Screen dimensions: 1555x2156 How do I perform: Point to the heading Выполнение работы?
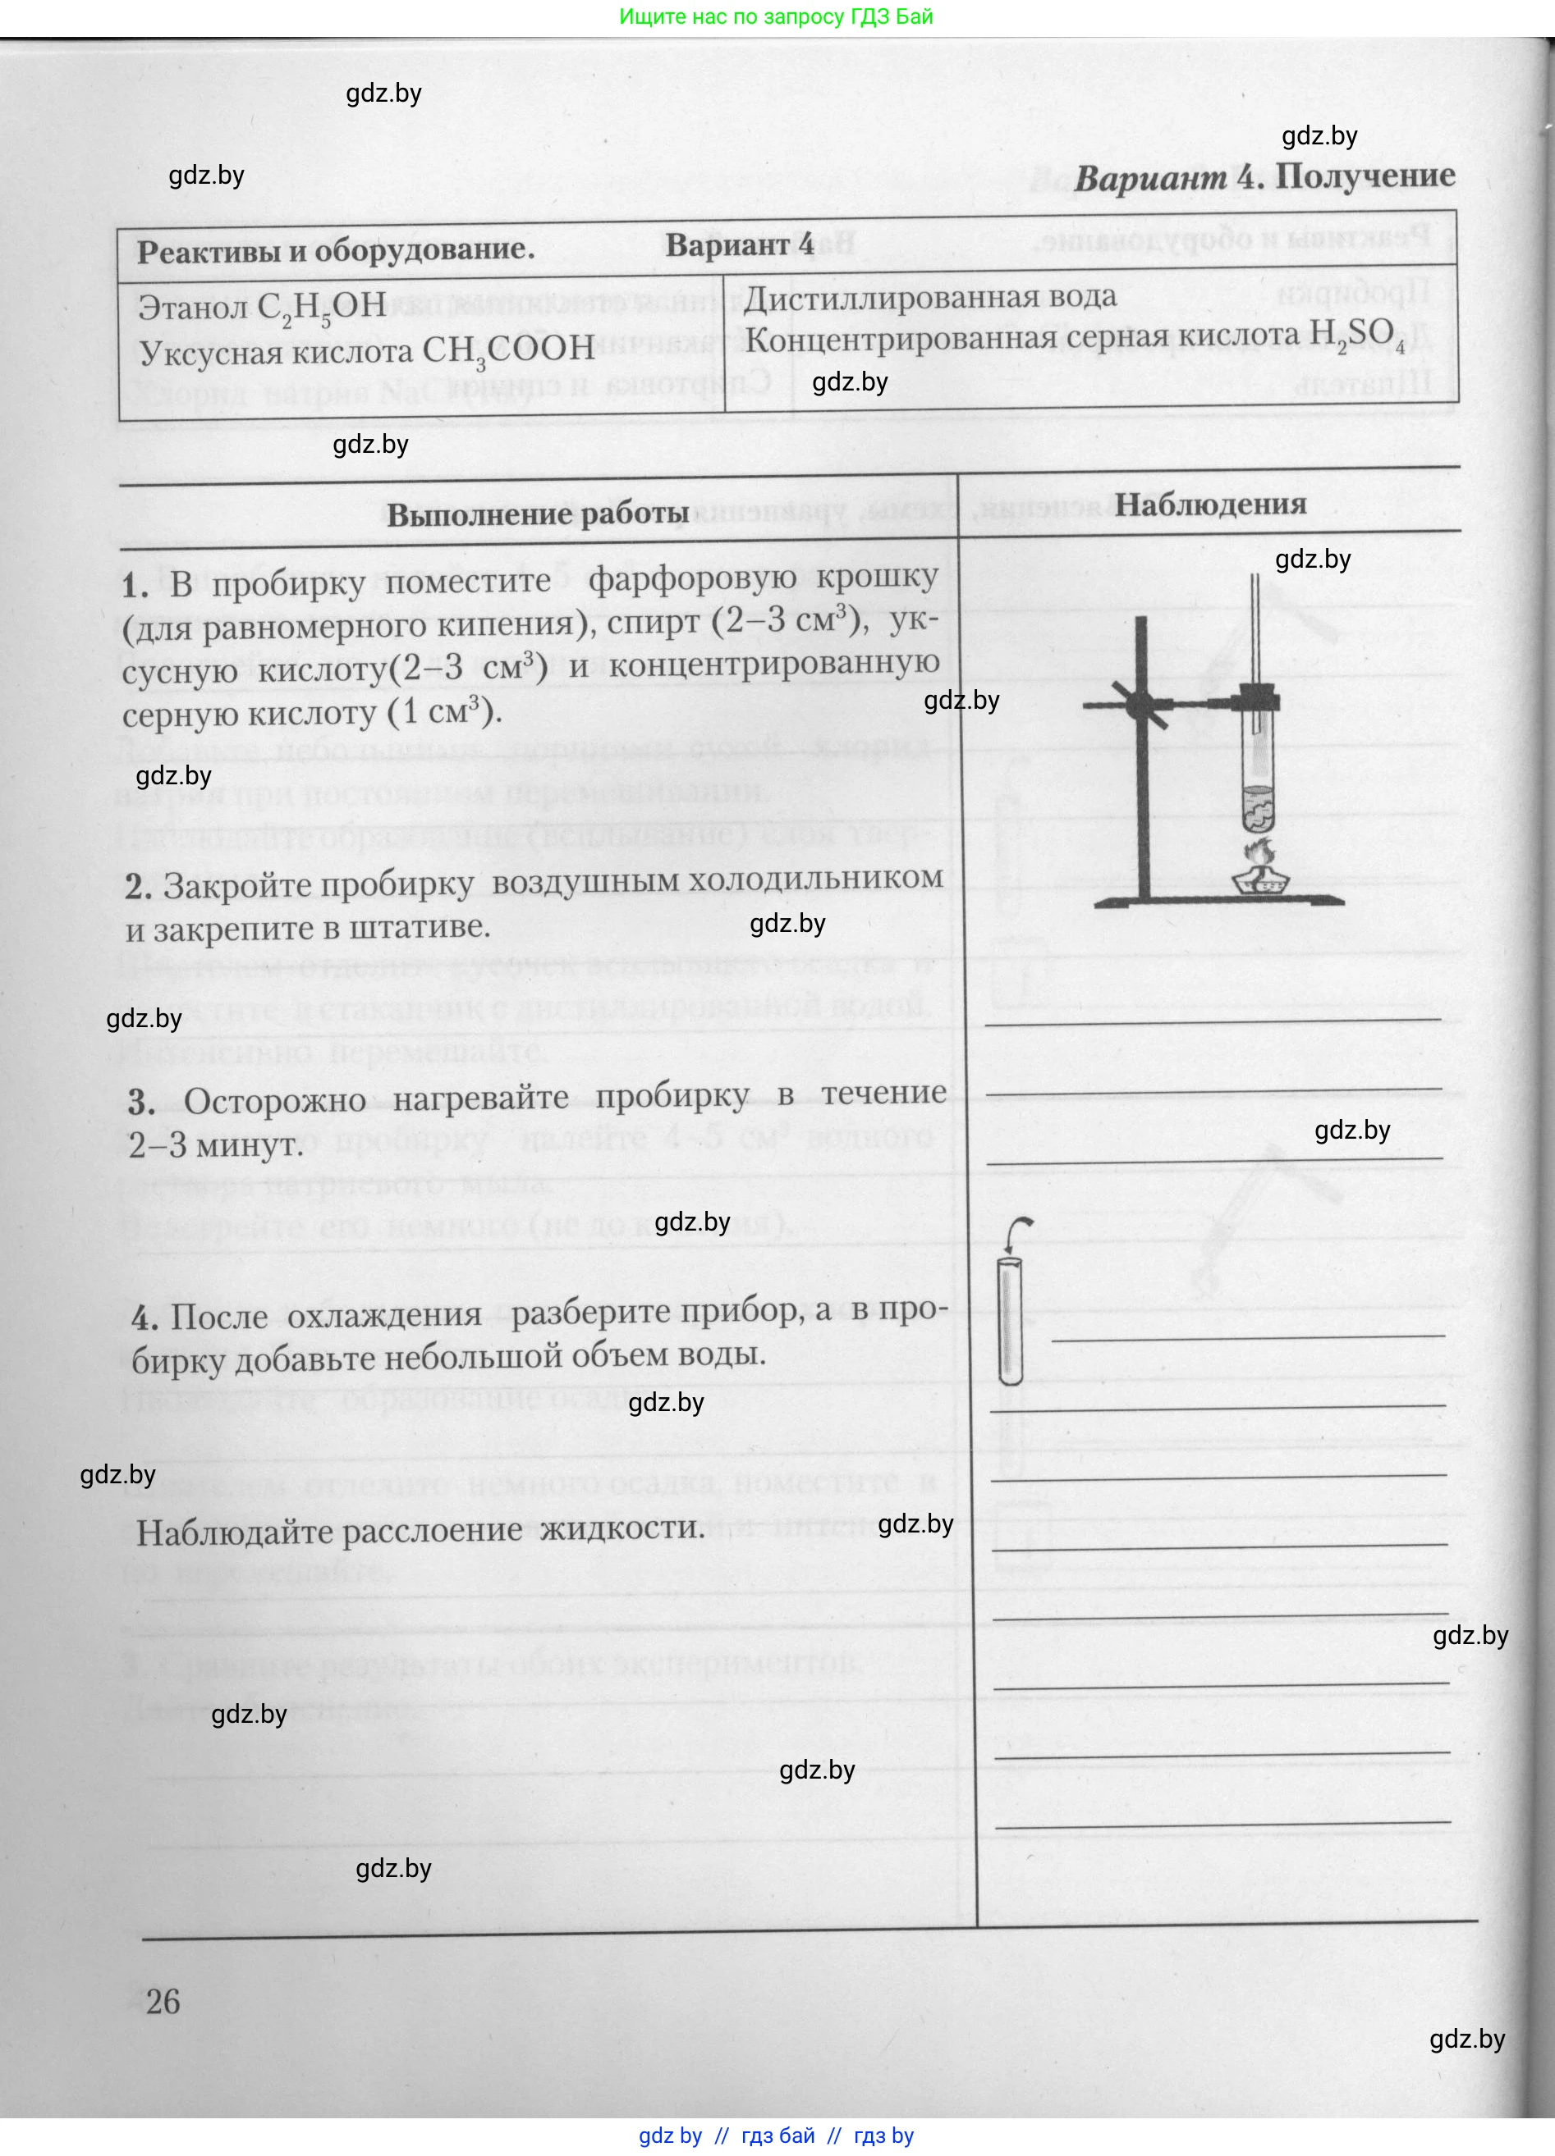(538, 514)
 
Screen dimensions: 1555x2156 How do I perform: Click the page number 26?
(163, 2001)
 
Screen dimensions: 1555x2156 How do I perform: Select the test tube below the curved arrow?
(1010, 1322)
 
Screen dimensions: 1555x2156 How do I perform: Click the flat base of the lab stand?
(1218, 900)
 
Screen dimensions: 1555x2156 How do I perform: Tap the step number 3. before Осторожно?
(142, 1102)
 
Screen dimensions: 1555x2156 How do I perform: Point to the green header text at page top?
(776, 16)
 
